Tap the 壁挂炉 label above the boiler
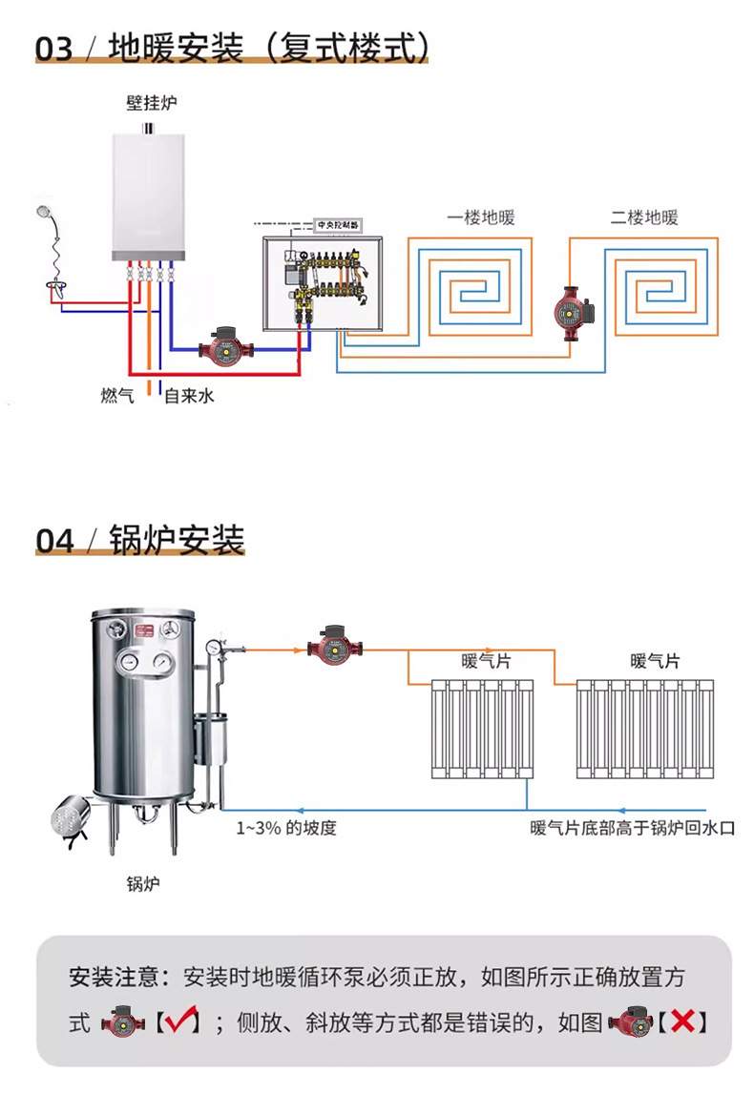tap(152, 102)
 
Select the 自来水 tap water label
tap(189, 395)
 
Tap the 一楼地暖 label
tap(480, 217)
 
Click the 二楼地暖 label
tap(644, 217)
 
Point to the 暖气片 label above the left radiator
tap(486, 661)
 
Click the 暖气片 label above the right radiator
tap(655, 661)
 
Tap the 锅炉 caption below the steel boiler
tap(143, 883)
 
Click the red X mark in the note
tap(682, 1022)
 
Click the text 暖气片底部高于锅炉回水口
tap(634, 828)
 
